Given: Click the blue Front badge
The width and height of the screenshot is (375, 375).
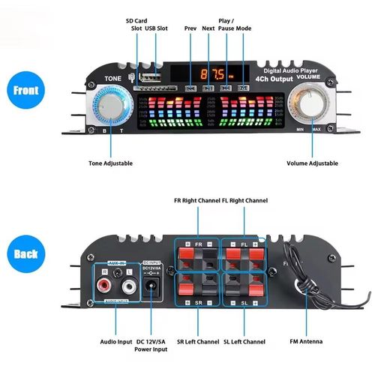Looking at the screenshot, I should coord(25,91).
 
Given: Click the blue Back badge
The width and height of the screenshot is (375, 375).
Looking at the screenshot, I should coord(25,254).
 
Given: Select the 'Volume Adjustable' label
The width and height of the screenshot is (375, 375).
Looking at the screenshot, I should coord(312,163).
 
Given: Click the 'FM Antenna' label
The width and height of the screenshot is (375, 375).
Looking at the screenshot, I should coord(306,341).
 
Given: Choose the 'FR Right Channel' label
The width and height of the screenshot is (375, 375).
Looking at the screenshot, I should coord(196,201).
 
